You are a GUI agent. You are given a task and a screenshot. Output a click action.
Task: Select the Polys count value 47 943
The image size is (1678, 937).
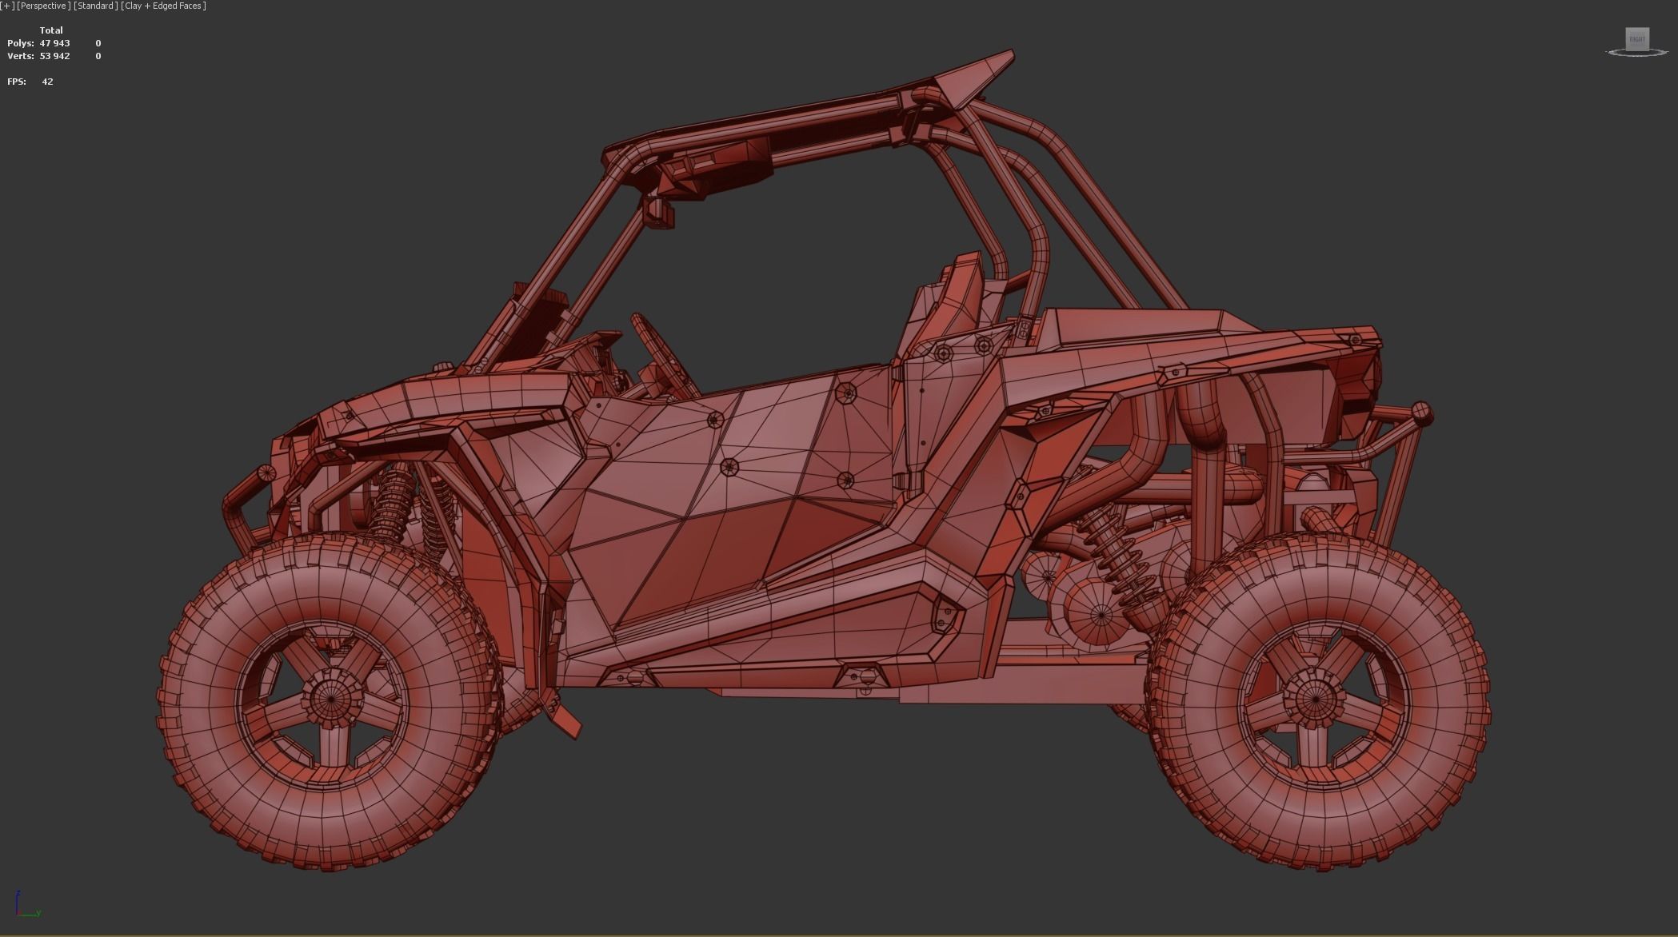tap(54, 43)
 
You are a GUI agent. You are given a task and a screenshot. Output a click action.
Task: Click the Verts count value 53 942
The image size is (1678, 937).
tap(54, 56)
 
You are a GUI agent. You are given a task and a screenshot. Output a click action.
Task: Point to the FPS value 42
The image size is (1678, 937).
tap(47, 82)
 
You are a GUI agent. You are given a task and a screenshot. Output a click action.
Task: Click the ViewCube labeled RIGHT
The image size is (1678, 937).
tap(1637, 39)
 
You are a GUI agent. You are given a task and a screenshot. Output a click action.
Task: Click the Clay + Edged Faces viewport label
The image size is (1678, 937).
tap(164, 6)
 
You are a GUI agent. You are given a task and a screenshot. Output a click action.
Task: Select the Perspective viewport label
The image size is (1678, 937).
tap(43, 6)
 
